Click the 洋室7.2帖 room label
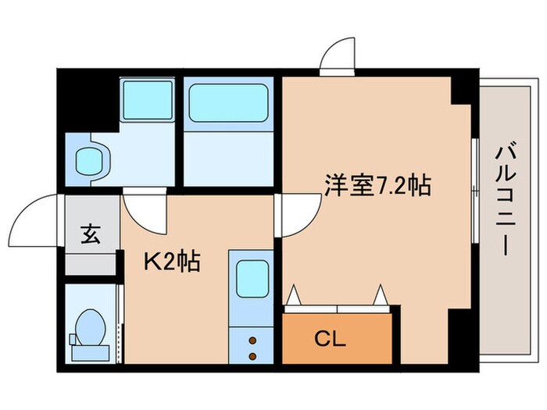point(378,187)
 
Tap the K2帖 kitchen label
point(171,260)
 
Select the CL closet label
point(331,339)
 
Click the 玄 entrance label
point(90,235)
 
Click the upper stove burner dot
point(252,340)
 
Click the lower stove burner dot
point(252,356)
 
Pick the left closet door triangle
point(295,296)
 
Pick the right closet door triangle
point(381,296)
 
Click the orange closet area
point(335,340)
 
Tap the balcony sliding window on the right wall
point(475,187)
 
